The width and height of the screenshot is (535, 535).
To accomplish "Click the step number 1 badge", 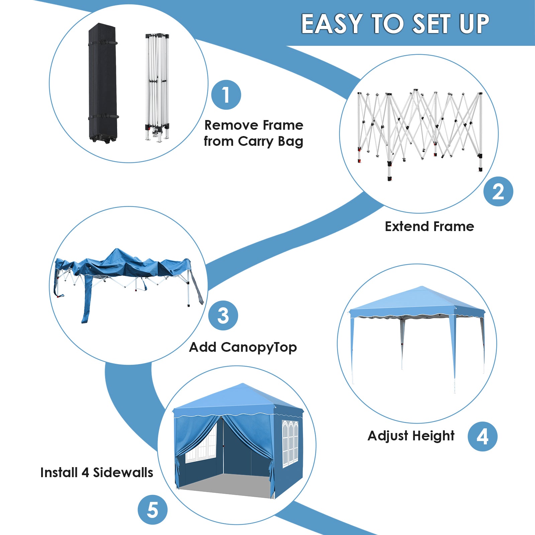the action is coord(226,95).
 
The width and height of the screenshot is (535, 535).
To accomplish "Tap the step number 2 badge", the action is coord(498,192).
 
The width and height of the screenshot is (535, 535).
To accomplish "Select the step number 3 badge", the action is coord(223,315).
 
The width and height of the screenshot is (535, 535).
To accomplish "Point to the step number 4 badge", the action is coord(483,436).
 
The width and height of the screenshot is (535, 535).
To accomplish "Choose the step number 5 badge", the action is coord(152,510).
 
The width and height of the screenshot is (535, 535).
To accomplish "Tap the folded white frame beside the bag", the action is coord(157,87).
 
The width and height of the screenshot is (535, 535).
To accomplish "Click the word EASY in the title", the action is coord(332,24).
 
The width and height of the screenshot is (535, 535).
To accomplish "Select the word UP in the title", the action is coord(474,24).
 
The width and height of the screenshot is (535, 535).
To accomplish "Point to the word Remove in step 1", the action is coord(231,125).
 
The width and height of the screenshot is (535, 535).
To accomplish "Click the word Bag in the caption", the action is coord(290,141).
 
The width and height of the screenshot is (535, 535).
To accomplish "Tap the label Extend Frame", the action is coord(429,226).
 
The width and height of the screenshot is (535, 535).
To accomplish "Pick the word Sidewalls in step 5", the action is coord(123,472).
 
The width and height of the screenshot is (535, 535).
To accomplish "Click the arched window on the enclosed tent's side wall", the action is coord(290,443).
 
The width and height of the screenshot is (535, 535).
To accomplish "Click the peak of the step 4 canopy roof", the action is coord(422,287).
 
